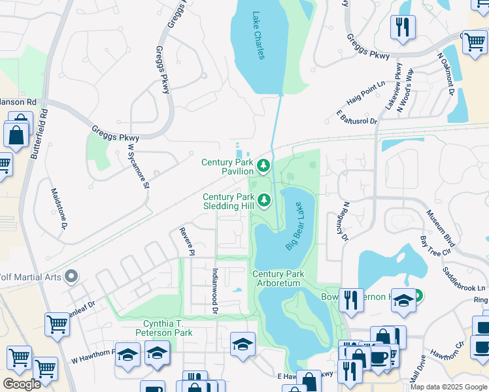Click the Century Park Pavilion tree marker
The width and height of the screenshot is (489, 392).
[263, 166]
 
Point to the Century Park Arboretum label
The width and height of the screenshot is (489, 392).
[277, 278]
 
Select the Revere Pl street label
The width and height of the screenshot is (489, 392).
[188, 241]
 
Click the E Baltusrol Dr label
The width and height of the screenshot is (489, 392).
[357, 118]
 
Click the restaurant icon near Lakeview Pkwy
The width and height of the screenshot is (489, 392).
[402, 27]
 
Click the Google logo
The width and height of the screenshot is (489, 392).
[22, 384]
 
